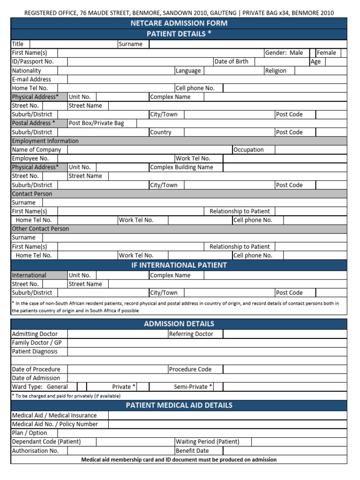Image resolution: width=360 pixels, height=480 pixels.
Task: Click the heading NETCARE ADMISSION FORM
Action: pos(180,23)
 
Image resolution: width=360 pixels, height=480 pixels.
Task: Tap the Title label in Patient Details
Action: pos(18,44)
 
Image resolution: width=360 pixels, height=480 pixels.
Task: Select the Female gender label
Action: pos(326,53)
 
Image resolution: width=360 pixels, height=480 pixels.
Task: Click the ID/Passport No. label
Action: pos(33,61)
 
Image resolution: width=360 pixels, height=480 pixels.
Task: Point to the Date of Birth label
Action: pos(231,61)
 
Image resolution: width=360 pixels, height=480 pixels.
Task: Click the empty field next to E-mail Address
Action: pos(206,79)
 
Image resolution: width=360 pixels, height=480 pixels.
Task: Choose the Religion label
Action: pos(275,70)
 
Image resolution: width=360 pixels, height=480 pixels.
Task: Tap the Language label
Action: pos(188,70)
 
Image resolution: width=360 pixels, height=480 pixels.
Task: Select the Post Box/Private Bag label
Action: pos(96,123)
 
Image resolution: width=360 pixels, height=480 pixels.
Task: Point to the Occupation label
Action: pos(248,150)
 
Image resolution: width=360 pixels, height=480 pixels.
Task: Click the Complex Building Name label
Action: pos(181,167)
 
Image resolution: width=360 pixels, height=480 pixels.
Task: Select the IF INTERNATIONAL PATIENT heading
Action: pos(180,265)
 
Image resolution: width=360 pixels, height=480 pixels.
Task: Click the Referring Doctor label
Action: pos(191,334)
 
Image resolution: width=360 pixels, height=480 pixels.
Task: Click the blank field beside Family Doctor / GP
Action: pos(206,343)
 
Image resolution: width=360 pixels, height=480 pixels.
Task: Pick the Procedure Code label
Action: pos(190,369)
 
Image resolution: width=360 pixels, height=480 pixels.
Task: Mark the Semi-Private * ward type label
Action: pos(193,387)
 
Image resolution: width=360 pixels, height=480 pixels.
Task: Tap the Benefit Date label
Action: pos(192,451)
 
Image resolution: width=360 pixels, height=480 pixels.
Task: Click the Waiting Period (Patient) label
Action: pos(207,442)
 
